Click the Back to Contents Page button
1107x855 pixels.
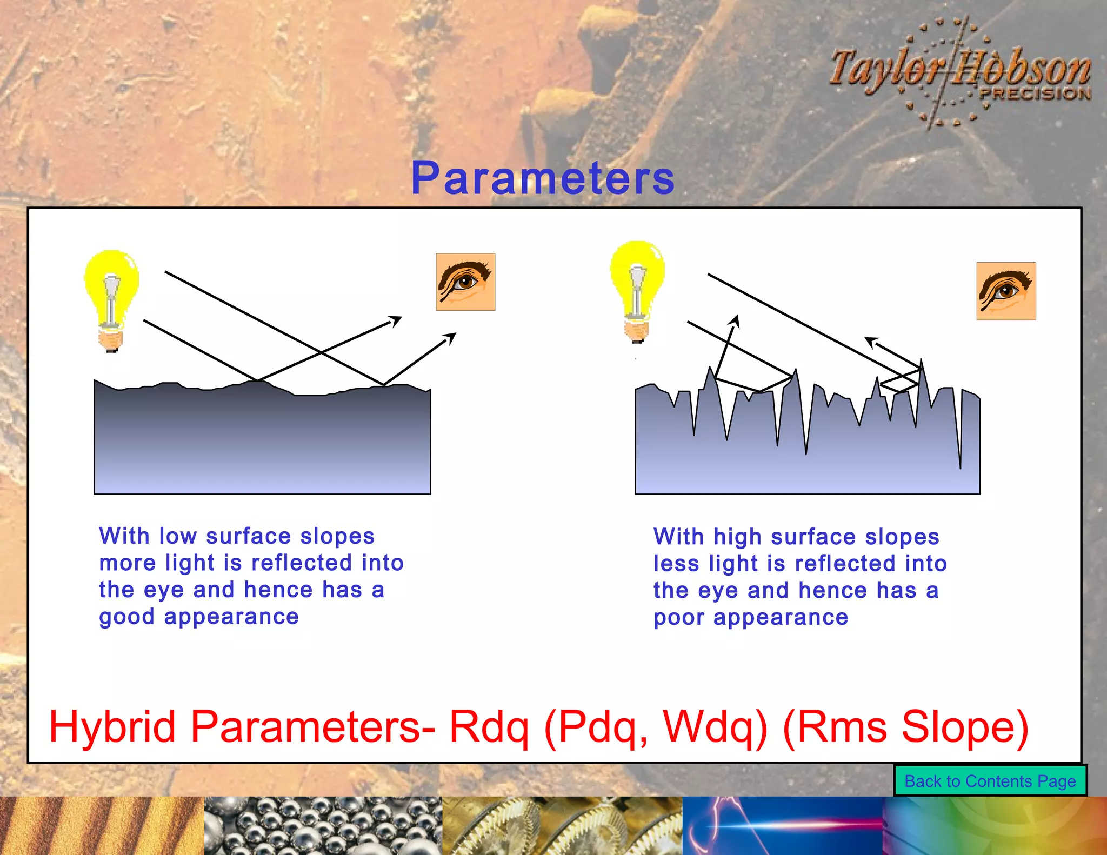pyautogui.click(x=990, y=781)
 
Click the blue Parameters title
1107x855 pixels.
pyautogui.click(x=543, y=178)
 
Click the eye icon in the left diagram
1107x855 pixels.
pyautogui.click(x=465, y=282)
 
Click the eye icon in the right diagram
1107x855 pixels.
pyautogui.click(x=1006, y=291)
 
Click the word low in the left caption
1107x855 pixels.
pyautogui.click(x=178, y=536)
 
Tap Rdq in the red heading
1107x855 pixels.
pyautogui.click(x=489, y=727)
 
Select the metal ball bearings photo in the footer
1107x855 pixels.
pyautogui.click(x=323, y=826)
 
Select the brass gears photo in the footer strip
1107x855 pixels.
pyautogui.click(x=562, y=826)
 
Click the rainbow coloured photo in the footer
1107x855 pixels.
pyautogui.click(x=995, y=826)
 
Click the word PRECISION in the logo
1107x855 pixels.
pyautogui.click(x=1035, y=94)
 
